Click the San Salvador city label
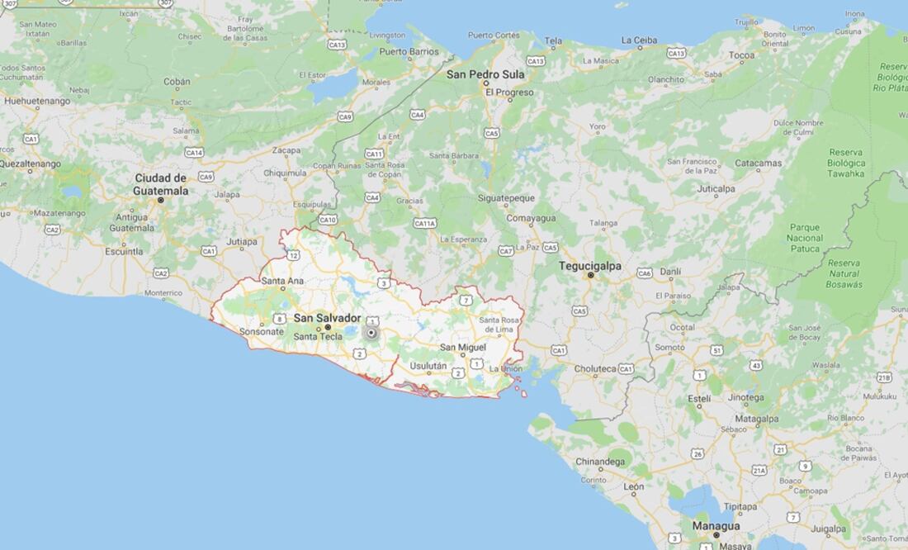328,318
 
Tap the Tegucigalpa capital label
590,266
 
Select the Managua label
716,525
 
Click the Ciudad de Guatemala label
161,184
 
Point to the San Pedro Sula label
485,74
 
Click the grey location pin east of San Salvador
371,333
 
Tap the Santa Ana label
282,281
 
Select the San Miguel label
462,347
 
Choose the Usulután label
428,366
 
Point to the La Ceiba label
639,40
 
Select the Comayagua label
531,218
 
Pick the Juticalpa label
716,188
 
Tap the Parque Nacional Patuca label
805,238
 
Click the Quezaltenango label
30,164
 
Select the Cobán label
177,82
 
